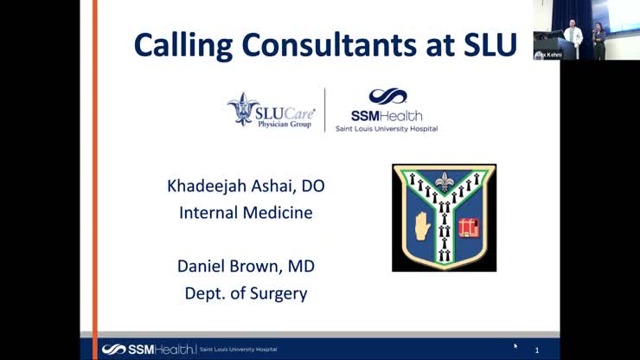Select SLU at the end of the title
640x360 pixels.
(483, 44)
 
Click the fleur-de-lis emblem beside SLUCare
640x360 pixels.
(243, 109)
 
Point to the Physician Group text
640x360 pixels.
(285, 123)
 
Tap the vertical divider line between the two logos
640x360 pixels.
(325, 110)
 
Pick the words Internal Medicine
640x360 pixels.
(246, 211)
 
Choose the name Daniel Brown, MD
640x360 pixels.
(246, 267)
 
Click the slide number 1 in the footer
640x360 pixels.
(536, 350)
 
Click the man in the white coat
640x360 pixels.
(572, 35)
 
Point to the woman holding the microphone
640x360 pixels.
(597, 39)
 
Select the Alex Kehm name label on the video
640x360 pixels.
(548, 55)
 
